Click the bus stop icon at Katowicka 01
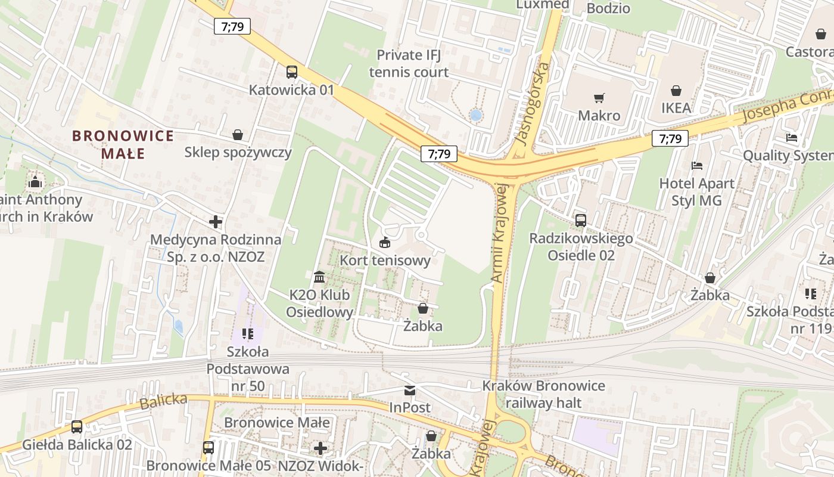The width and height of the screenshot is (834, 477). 291,72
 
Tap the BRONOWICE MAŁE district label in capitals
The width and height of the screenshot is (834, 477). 123,144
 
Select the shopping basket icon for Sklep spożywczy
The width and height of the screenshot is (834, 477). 238,135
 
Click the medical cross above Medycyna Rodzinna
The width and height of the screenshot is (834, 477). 216,222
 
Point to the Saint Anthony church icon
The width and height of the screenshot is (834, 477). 35,182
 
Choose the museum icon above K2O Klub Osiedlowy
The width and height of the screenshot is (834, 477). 319,277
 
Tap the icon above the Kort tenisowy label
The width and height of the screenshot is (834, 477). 385,243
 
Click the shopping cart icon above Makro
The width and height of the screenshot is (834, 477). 599,98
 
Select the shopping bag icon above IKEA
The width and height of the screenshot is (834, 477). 676,91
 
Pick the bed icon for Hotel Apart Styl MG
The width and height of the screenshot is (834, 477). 696,165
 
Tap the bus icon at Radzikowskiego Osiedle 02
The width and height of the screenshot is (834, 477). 581,221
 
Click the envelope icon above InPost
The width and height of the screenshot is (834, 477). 410,391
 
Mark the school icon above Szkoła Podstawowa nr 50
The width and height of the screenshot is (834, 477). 248,334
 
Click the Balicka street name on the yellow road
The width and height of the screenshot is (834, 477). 163,401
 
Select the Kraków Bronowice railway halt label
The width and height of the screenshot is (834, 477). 543,394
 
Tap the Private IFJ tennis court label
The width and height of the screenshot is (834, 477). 409,64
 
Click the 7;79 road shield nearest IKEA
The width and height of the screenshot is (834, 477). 670,138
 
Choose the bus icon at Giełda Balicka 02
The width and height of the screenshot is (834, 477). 77,427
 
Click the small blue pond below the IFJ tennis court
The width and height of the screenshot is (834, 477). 475,115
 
